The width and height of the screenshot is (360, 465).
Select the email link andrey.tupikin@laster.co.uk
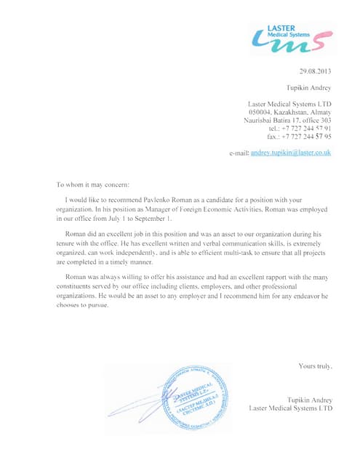[291, 153]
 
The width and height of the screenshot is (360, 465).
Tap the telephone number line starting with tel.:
[300, 128]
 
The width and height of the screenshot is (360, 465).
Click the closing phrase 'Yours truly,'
[315, 366]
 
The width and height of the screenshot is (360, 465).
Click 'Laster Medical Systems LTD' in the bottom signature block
[290, 408]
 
